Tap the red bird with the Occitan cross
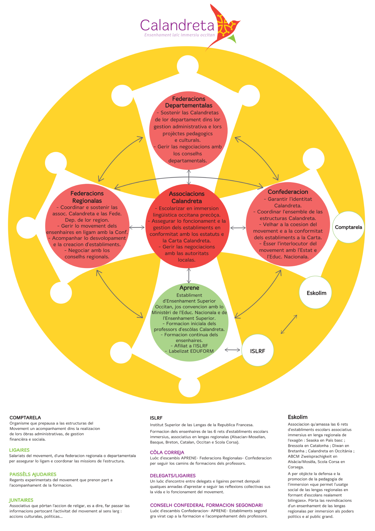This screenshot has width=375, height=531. pos(223,26)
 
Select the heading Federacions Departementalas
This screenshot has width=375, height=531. pos(189,102)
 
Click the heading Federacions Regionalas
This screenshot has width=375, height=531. pos(87,197)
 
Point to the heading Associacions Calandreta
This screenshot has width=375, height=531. pos(187,197)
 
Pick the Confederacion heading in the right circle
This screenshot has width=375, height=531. pos(288,192)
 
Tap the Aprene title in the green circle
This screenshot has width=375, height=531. pos(189,288)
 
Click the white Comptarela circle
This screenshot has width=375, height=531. pos(348,227)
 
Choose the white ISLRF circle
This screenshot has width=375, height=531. pos(257,351)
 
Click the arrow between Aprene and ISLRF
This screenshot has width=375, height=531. pos(232,350)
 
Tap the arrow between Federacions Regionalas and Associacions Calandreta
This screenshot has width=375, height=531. pos(137,227)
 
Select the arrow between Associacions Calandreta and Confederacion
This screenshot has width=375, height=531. pos(238,228)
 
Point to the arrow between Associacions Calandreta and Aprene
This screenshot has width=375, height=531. pos(189,276)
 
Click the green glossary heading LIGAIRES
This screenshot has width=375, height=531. pos(19,450)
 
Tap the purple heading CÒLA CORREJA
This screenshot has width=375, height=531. pos(167,452)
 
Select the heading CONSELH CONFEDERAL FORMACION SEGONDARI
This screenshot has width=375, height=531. pos(206,505)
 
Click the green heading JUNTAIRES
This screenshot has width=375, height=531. pos(21,500)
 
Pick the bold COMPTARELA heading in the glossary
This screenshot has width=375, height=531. pos(25,418)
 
